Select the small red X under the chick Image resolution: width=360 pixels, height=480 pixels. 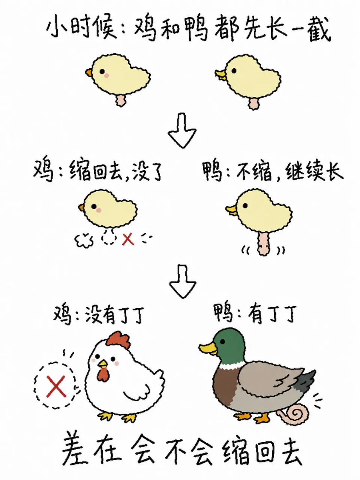coord(128,239)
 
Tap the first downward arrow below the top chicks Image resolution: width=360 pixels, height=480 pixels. coord(182,130)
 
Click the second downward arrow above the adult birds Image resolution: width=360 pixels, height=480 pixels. coord(183,281)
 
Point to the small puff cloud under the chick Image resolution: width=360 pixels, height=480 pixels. coord(84,240)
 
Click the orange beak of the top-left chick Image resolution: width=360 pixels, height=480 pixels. coord(89,73)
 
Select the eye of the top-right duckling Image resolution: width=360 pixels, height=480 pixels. coord(234,70)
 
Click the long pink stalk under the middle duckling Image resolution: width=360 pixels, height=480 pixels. coord(264,243)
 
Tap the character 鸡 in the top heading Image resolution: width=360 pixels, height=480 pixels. coord(145,29)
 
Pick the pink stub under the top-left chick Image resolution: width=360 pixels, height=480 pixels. coord(121,100)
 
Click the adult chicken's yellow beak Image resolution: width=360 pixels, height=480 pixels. coord(102,364)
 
